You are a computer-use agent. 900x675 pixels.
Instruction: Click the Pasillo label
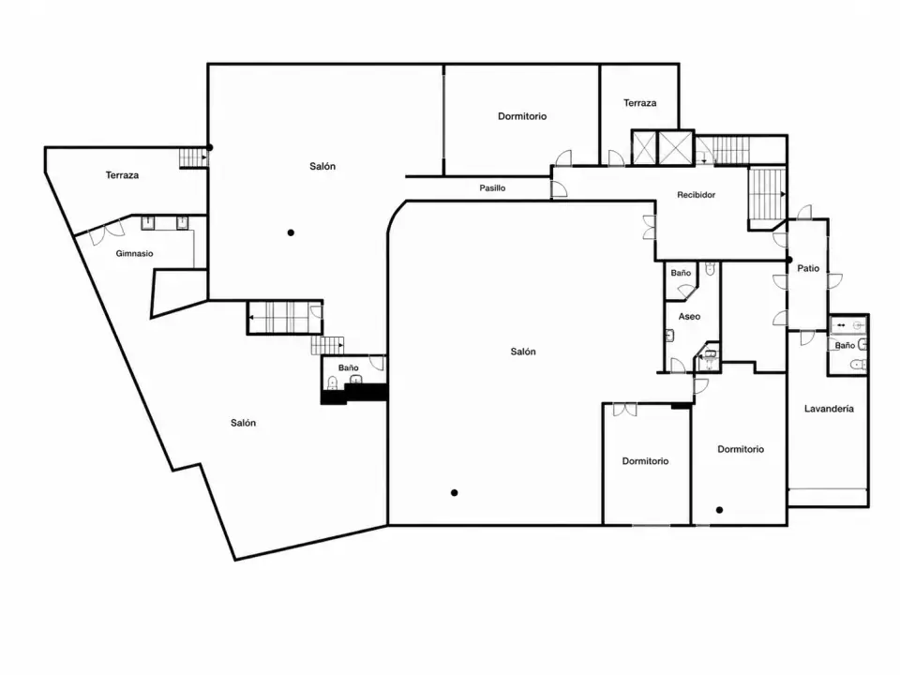492,187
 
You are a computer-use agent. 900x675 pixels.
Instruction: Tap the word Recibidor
697,195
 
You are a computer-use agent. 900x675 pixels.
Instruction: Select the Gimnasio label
134,253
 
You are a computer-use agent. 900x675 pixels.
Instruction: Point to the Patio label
808,268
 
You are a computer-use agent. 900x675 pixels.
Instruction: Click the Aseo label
689,316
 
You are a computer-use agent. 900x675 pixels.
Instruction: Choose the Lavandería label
829,409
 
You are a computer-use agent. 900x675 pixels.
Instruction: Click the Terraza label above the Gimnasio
122,175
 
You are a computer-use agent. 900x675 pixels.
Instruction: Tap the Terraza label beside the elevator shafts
640,103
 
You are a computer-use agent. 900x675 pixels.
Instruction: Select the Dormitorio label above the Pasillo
522,116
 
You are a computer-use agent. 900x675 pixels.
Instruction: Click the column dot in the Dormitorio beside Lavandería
719,510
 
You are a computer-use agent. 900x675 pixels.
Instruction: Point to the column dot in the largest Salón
454,492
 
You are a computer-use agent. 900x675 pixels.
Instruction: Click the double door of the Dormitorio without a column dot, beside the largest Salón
624,410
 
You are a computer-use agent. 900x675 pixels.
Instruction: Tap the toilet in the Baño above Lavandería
858,364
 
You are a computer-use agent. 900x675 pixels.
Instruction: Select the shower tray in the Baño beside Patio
847,325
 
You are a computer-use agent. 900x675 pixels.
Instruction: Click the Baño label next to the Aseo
681,273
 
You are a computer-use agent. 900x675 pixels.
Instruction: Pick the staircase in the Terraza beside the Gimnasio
193,157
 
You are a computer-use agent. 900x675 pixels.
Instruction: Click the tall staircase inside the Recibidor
767,194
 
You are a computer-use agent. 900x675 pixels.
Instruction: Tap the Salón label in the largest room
523,352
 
